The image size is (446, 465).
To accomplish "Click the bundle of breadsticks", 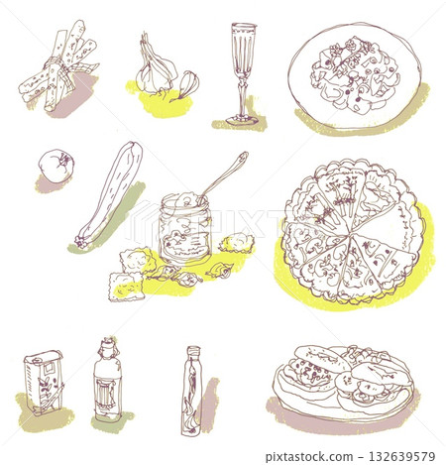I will click(59, 67).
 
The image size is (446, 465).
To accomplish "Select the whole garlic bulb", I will click(156, 71).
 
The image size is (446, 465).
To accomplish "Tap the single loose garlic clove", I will click(186, 85).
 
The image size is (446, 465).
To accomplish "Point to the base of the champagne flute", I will click(242, 119).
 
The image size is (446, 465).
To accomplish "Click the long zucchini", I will click(110, 193).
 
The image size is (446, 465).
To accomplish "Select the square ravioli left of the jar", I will click(127, 285).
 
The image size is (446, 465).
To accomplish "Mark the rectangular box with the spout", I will click(45, 381).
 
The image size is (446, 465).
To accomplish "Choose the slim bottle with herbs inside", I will click(191, 392).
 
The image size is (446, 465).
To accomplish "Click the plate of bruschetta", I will click(342, 381).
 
